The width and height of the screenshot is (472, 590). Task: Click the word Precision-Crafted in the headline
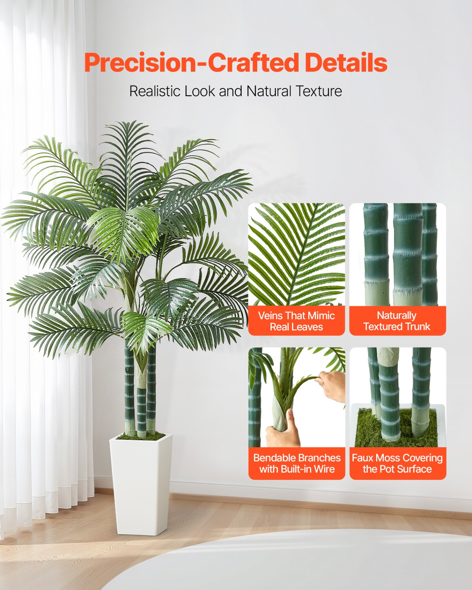pos(191,63)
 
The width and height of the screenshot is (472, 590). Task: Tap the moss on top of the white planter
pos(141,436)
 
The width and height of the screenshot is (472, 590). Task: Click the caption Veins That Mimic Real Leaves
pos(296,321)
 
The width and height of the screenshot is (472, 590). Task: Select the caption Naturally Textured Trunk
pos(397,321)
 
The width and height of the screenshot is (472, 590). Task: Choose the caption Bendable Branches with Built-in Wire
pos(297,463)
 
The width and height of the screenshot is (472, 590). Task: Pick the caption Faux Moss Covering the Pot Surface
pos(397,463)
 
